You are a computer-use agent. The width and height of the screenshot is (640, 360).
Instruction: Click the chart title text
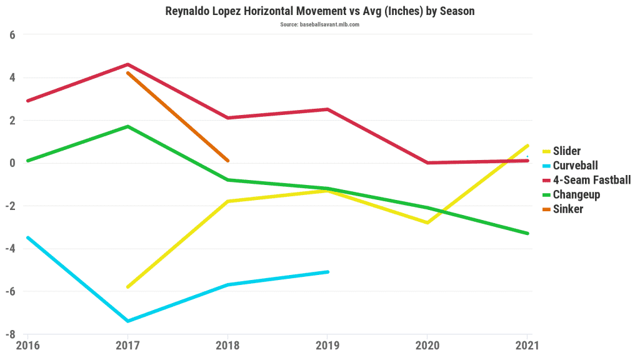[319, 11]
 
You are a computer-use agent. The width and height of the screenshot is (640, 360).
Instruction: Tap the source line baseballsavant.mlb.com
[319, 24]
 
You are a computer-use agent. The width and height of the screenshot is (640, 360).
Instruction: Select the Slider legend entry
[567, 151]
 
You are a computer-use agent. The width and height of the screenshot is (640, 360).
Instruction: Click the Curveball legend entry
[575, 166]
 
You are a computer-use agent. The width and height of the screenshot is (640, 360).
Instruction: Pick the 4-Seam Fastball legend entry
[591, 180]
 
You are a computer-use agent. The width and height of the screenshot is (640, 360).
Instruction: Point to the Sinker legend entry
[567, 209]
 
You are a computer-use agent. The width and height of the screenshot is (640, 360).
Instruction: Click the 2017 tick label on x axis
[127, 344]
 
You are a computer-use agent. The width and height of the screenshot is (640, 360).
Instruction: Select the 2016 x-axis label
[27, 344]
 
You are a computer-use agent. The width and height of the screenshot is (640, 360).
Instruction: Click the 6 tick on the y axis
[12, 35]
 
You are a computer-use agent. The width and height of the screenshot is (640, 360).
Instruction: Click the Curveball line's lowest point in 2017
[127, 321]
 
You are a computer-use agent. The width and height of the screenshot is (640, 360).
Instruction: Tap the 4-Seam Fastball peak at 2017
[127, 64]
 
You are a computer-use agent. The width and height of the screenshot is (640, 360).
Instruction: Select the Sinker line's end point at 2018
[227, 161]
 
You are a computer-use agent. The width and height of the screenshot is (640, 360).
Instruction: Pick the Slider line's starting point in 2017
[127, 287]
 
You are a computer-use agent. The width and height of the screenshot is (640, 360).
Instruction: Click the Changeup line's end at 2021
[527, 233]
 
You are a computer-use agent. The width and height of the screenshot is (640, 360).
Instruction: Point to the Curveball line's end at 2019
[327, 272]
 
